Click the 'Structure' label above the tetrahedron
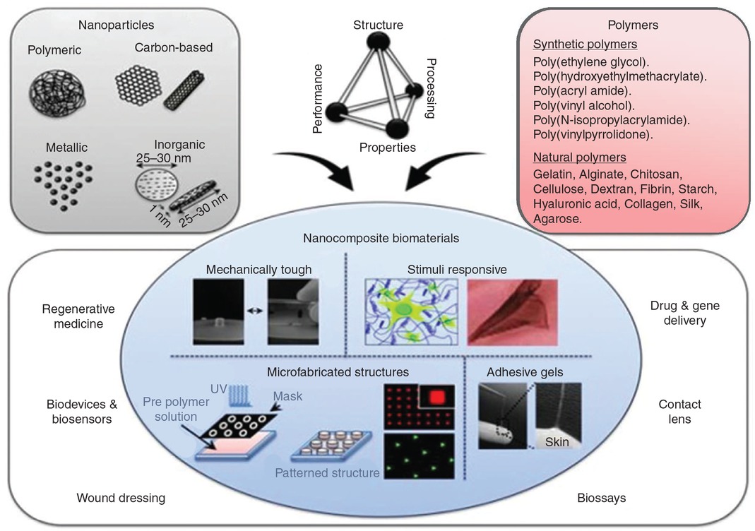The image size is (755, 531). pos(378,25)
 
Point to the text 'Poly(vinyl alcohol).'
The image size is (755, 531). pos(583,105)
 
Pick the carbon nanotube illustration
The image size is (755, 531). pos(189,89)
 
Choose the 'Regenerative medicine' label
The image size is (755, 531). pos(78,316)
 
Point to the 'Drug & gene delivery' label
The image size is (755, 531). pos(678,313)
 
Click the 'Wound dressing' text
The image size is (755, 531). pos(121,498)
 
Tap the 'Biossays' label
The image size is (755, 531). pos(601,498)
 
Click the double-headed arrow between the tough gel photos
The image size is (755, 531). pos(255,309)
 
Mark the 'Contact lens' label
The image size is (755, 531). pos(679,412)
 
